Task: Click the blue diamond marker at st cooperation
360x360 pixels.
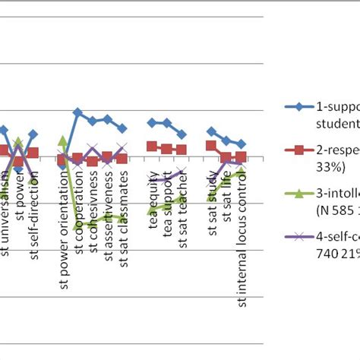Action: point(77,112)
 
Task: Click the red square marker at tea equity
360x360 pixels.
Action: point(152,147)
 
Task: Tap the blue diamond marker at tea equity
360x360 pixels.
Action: point(152,122)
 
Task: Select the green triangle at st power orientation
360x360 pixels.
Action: point(62,141)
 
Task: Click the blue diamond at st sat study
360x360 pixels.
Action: point(211,131)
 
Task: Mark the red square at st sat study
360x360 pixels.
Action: point(211,146)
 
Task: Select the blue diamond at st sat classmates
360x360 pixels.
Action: point(122,128)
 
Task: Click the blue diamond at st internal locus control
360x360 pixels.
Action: point(241,144)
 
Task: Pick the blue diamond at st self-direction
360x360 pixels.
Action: point(33,134)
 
